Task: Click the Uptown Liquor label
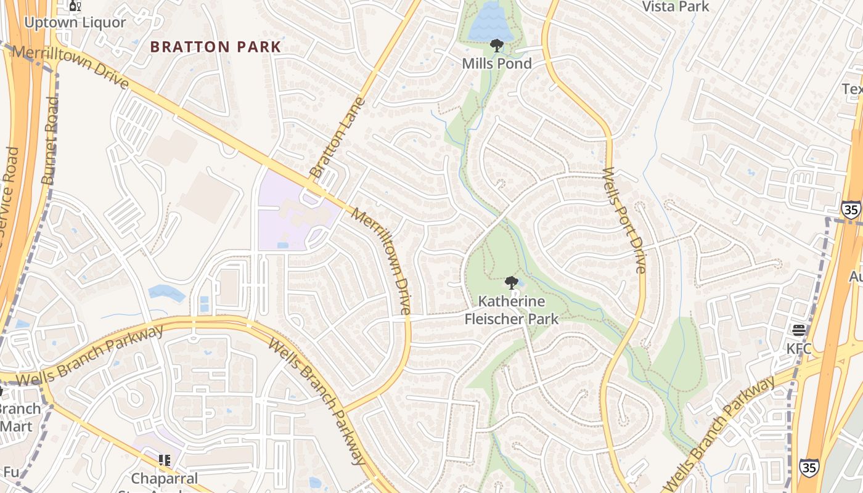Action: click(75, 23)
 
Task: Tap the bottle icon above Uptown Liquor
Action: click(75, 6)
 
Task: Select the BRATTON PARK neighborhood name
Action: click(216, 47)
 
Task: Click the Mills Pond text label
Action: click(497, 63)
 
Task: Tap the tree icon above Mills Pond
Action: click(496, 46)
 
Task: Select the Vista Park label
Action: click(676, 7)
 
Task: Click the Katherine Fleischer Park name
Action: click(511, 310)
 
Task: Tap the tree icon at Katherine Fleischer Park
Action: click(510, 283)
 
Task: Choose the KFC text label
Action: click(799, 349)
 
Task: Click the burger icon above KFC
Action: click(799, 331)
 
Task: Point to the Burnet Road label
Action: click(51, 141)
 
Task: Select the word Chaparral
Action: click(165, 478)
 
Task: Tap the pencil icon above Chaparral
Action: click(164, 460)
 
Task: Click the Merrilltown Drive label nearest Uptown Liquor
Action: click(70, 67)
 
